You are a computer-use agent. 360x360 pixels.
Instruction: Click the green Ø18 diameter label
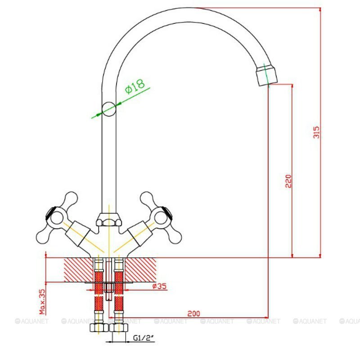click(135, 86)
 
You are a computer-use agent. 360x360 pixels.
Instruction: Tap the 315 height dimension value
click(316, 132)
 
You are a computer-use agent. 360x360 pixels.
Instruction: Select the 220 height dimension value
click(288, 181)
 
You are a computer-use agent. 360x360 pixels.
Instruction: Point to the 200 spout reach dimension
click(193, 313)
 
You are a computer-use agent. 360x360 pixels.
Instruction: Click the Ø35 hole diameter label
click(159, 286)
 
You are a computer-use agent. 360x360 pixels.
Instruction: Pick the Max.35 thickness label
click(42, 301)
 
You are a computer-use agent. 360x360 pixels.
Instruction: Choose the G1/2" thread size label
click(143, 338)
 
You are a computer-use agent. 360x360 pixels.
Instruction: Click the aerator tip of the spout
click(266, 75)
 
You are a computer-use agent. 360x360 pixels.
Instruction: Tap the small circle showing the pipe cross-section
click(109, 109)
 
